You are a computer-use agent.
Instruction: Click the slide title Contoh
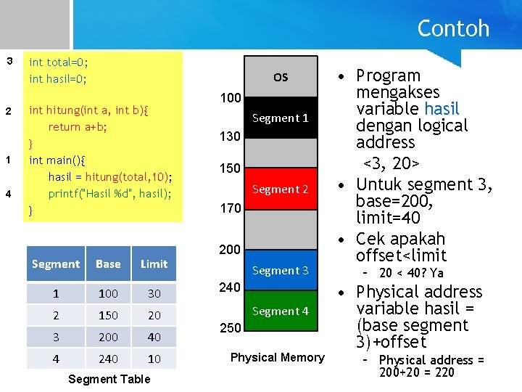coord(453,29)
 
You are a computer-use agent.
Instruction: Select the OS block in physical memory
coord(281,77)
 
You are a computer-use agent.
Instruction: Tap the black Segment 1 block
coord(281,118)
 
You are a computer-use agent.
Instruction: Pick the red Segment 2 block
coord(281,189)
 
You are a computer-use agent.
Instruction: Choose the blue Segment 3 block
coord(281,271)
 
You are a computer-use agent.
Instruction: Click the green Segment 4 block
coord(281,311)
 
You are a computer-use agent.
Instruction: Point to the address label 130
coord(230,136)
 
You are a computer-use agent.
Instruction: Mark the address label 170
coord(230,209)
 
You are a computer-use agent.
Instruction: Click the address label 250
coord(230,328)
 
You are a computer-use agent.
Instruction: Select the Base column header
coord(108,264)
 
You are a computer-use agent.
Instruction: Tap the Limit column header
coord(154,264)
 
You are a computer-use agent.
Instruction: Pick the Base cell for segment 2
coord(108,316)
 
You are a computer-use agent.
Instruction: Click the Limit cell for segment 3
coord(154,338)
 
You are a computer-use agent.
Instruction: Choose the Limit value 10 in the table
coord(154,359)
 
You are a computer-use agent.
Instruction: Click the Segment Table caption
coord(109,379)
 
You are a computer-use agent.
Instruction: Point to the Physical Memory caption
coord(277,357)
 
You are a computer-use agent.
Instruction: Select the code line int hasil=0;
coord(58,79)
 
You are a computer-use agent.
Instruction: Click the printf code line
coord(110,194)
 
